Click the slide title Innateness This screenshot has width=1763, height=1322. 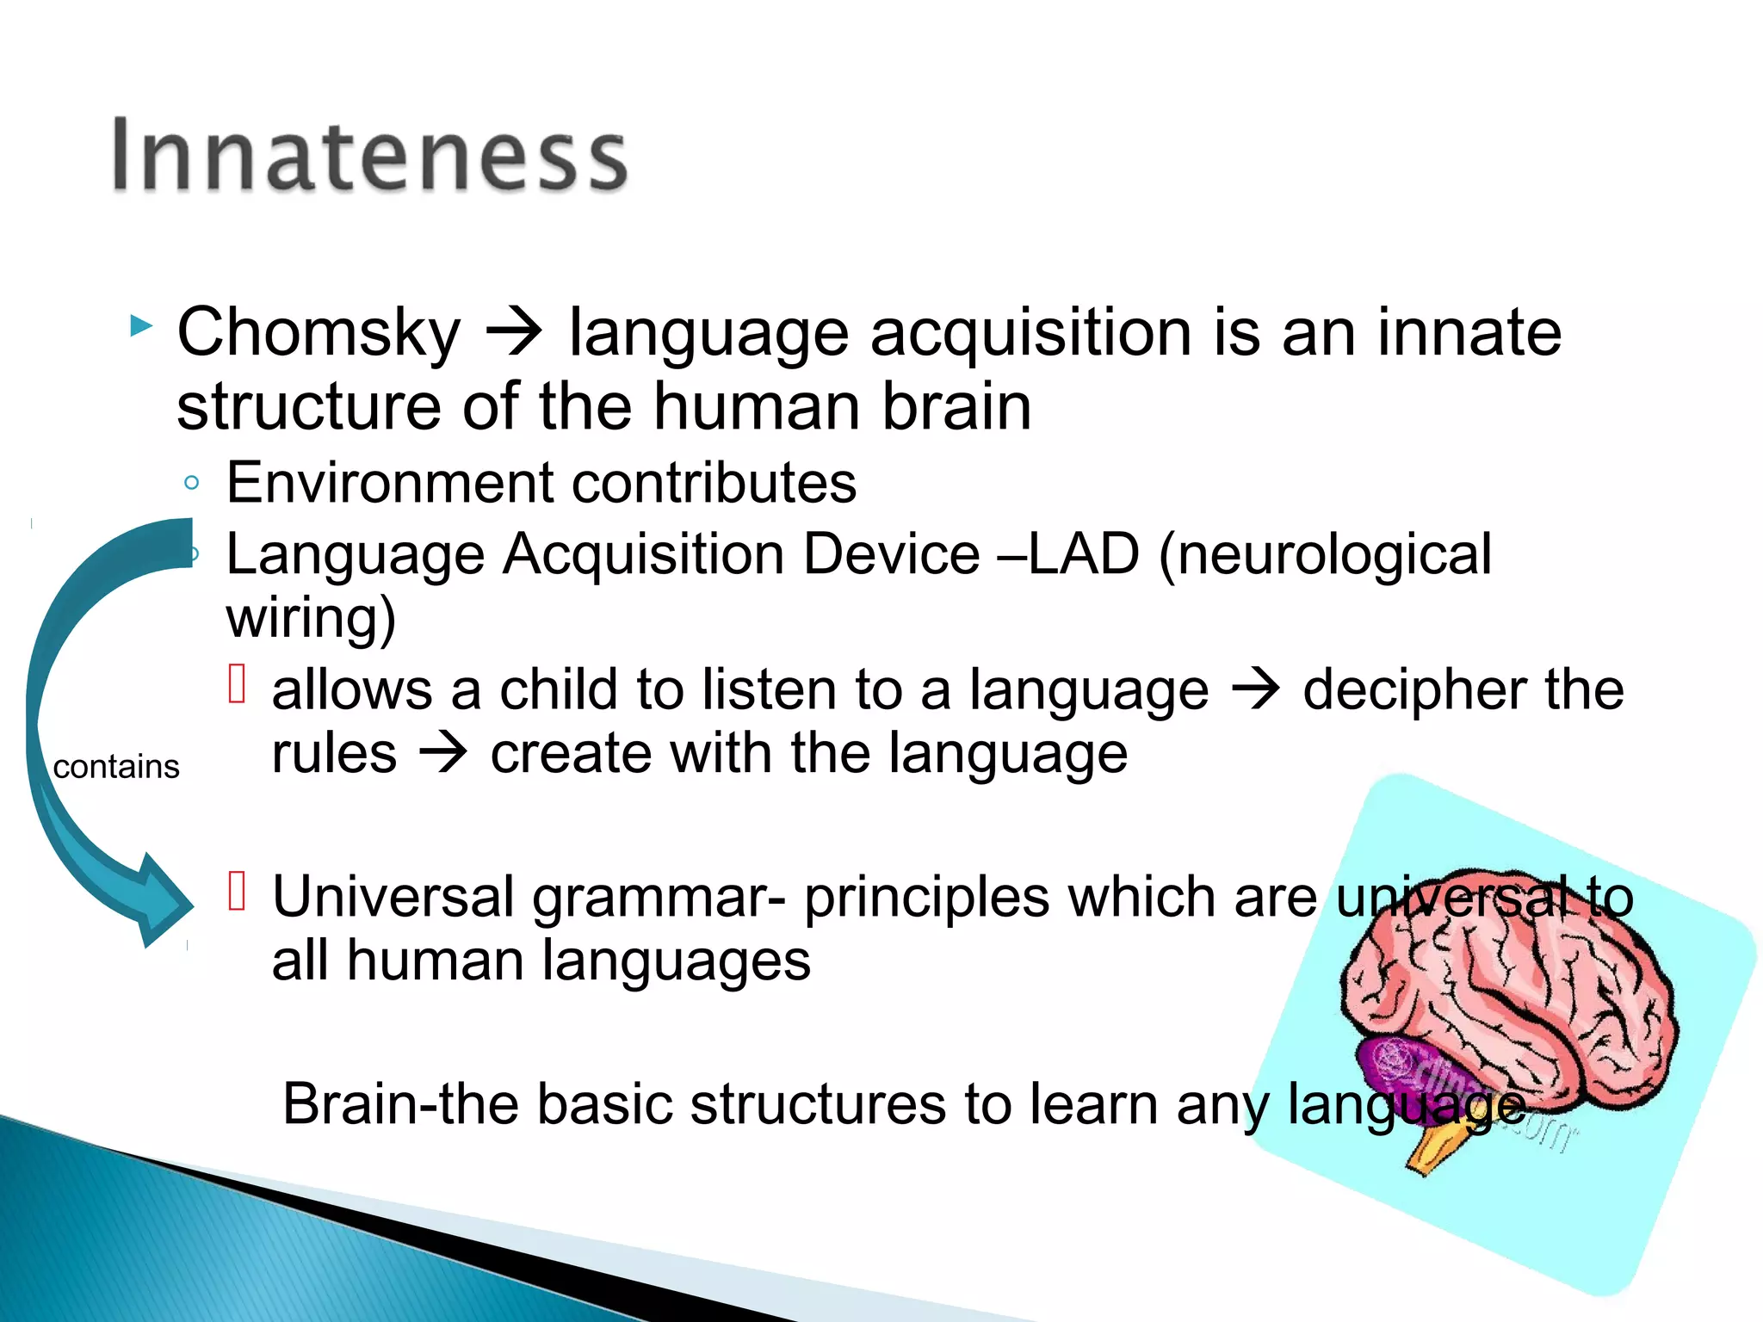pyautogui.click(x=370, y=155)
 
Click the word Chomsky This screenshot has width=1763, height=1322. pyautogui.click(x=319, y=333)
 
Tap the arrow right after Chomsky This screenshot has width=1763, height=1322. pyautogui.click(x=514, y=333)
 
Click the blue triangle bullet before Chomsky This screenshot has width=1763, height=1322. pyautogui.click(x=141, y=326)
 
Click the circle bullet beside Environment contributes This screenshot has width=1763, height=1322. pyautogui.click(x=192, y=483)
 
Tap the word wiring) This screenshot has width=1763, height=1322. pyautogui.click(x=311, y=618)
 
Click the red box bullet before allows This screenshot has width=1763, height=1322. pyautogui.click(x=238, y=684)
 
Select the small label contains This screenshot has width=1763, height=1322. pyautogui.click(x=116, y=767)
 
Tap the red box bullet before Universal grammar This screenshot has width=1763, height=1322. pyautogui.click(x=238, y=891)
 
